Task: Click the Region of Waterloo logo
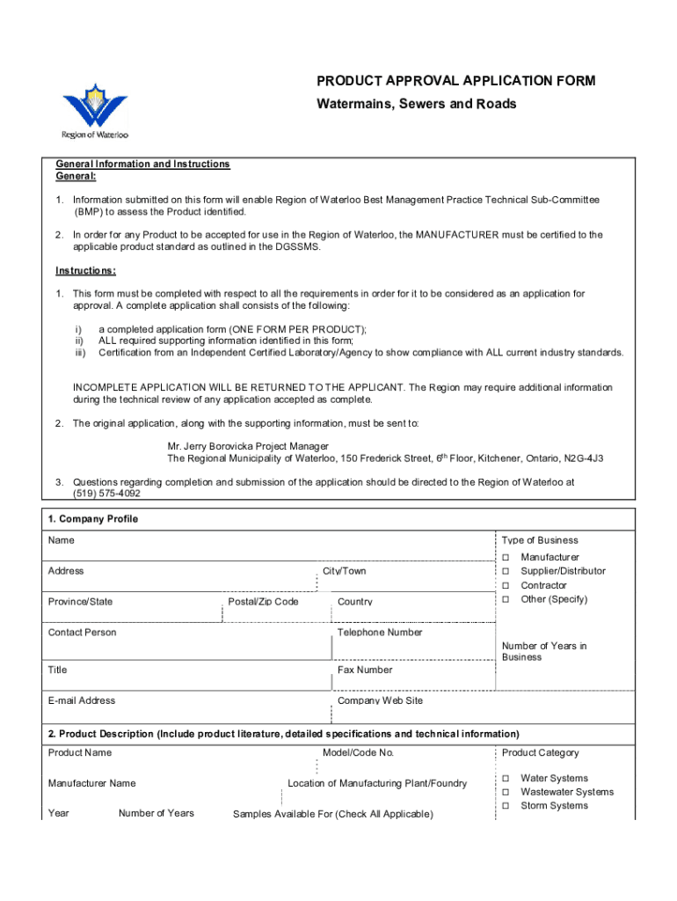[96, 112]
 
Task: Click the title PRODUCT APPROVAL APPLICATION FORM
[455, 81]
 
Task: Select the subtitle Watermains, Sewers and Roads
[417, 104]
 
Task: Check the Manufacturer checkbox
[506, 558]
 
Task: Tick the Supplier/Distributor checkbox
[506, 572]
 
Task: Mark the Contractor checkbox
[506, 586]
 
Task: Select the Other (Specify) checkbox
[506, 600]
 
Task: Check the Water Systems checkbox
[506, 779]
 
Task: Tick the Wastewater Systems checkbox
[506, 793]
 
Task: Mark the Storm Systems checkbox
[506, 807]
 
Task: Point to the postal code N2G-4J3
[583, 459]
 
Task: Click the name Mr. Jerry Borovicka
[211, 446]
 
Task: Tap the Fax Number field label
[365, 670]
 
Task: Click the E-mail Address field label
[82, 700]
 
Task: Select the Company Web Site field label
[380, 700]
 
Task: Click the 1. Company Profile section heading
[93, 519]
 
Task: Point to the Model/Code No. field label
[359, 752]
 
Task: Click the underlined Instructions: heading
[85, 270]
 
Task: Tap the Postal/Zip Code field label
[263, 602]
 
